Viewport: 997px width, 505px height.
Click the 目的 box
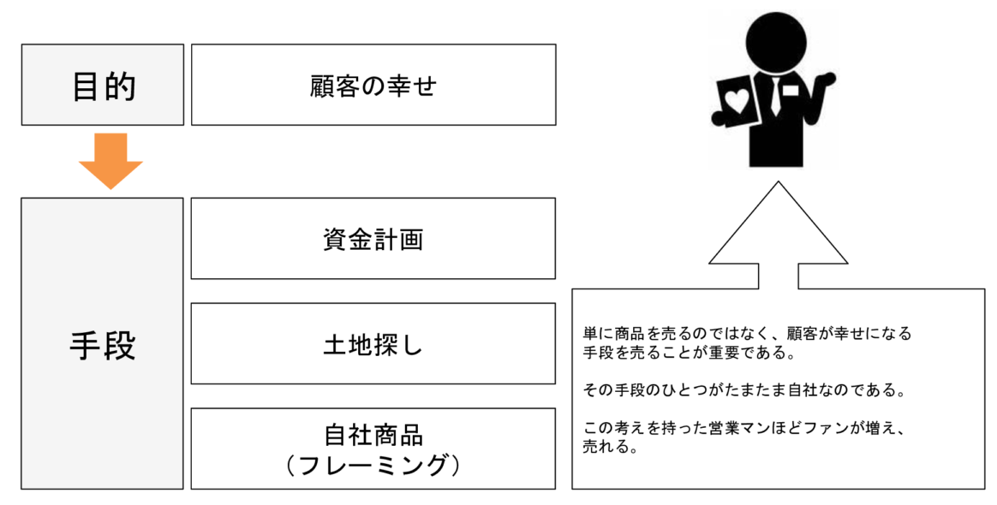point(103,85)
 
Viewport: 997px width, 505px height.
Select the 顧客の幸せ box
point(373,85)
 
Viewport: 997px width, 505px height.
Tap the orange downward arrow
point(110,161)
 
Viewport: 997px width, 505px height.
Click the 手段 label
point(103,345)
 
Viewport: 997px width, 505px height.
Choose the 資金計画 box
point(373,239)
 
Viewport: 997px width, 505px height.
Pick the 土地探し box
point(373,344)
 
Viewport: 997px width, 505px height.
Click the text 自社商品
point(373,435)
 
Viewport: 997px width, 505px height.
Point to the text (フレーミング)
point(373,465)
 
